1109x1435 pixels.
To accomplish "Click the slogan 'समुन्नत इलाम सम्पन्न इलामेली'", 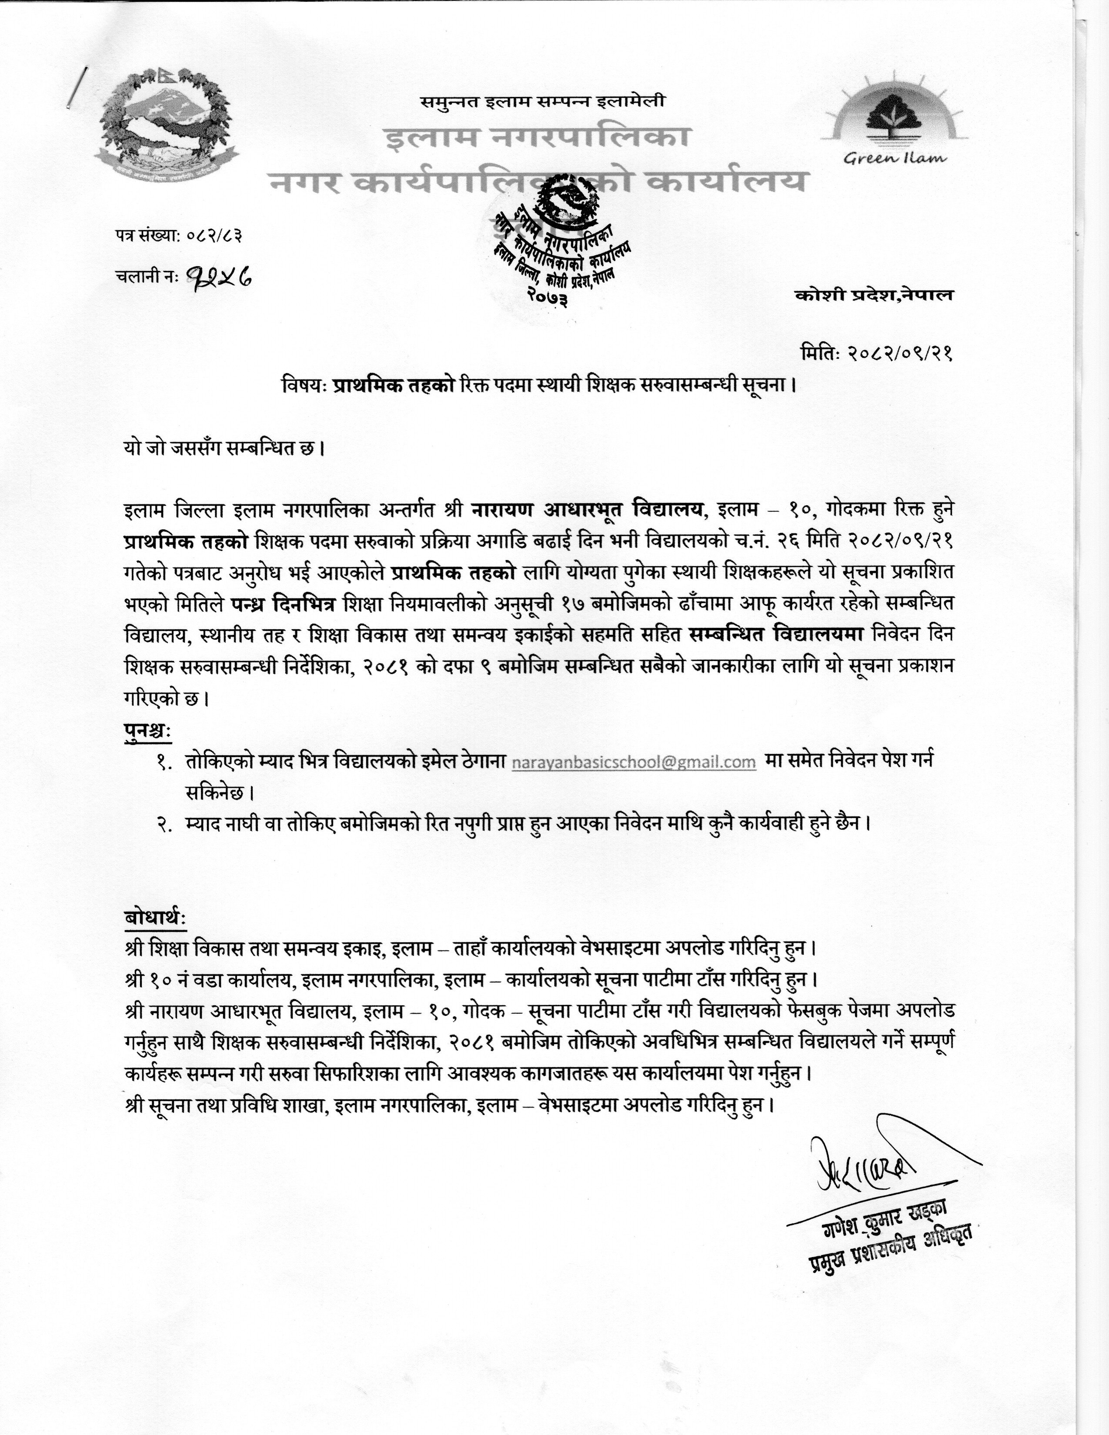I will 543,102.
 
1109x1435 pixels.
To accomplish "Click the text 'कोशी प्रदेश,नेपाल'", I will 873,295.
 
